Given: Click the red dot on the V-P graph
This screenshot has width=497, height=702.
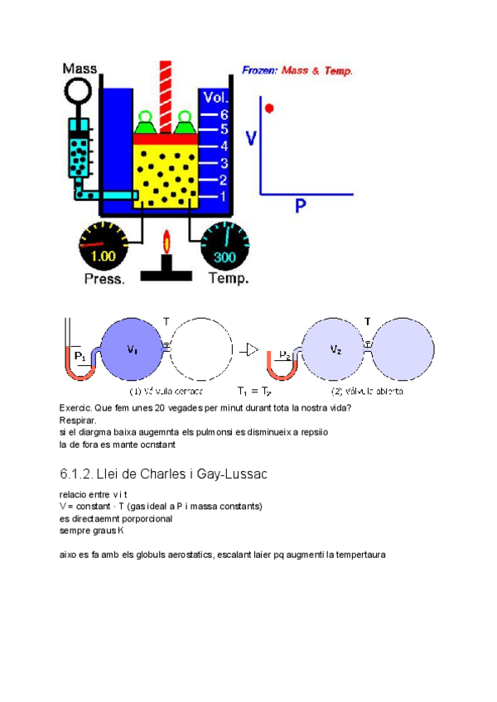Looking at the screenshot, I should coord(269,108).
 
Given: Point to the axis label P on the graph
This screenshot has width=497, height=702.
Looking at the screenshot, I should coord(302,206).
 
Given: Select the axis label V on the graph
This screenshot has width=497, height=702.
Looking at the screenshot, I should coord(253,137).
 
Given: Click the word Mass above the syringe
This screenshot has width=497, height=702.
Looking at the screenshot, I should coord(80,69).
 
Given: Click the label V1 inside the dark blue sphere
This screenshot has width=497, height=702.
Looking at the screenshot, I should coord(132,349).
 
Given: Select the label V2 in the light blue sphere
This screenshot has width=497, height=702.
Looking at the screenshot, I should coord(335,349).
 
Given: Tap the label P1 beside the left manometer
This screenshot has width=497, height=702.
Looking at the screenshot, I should coord(80,356).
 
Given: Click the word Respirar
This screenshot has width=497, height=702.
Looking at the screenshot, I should coord(78,421).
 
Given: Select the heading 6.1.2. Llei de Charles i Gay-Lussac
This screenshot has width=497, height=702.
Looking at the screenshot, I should coord(163,474).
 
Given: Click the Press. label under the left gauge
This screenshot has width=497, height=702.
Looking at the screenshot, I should coord(104,279).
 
